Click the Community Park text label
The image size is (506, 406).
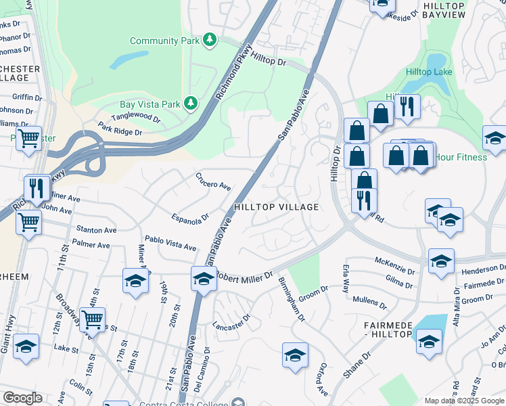pos(164,41)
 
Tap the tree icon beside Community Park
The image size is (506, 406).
pos(210,40)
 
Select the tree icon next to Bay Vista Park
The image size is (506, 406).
pos(191,104)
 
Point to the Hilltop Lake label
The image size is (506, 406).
pos(429,72)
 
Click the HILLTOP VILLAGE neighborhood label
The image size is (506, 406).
pos(275,207)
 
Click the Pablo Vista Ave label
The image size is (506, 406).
pos(170,244)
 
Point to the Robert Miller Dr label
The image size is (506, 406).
pos(244,276)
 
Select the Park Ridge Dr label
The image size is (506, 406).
pos(120,129)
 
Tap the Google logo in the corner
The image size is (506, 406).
pos(22,398)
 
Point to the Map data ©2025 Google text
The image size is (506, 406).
pos(464,401)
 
